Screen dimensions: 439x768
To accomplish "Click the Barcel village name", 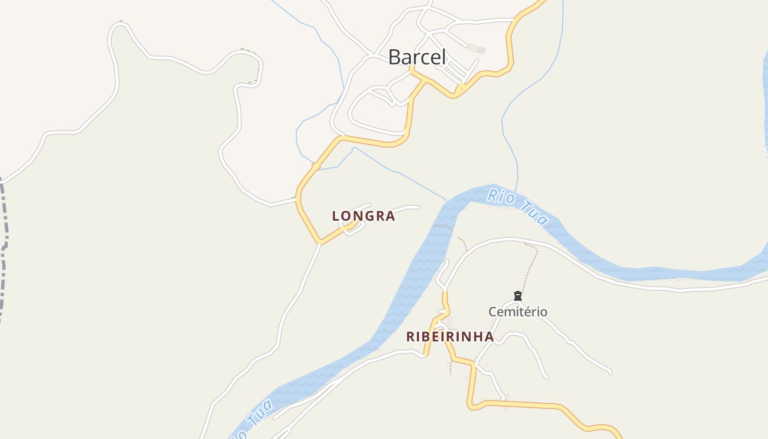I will point(417,57).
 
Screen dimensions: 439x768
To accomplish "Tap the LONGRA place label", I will point(363,216).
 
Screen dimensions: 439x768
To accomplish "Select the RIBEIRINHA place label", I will point(450,337).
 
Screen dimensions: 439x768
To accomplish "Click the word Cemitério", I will point(518,312).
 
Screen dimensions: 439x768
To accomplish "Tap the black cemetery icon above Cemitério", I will point(517,296).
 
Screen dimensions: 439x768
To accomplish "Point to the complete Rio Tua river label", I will point(517,206).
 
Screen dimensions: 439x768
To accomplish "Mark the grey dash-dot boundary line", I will point(4,247).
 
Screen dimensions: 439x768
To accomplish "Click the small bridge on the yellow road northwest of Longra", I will point(316,166).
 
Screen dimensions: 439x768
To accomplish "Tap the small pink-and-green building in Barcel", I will point(477,49).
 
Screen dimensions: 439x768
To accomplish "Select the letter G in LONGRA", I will point(366,216).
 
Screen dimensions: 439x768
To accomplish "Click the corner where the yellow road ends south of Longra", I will point(320,242).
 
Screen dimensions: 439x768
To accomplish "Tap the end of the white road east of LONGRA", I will point(419,207).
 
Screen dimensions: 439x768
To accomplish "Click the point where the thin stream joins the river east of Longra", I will point(447,201).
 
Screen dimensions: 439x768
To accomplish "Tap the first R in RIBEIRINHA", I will point(410,337).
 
